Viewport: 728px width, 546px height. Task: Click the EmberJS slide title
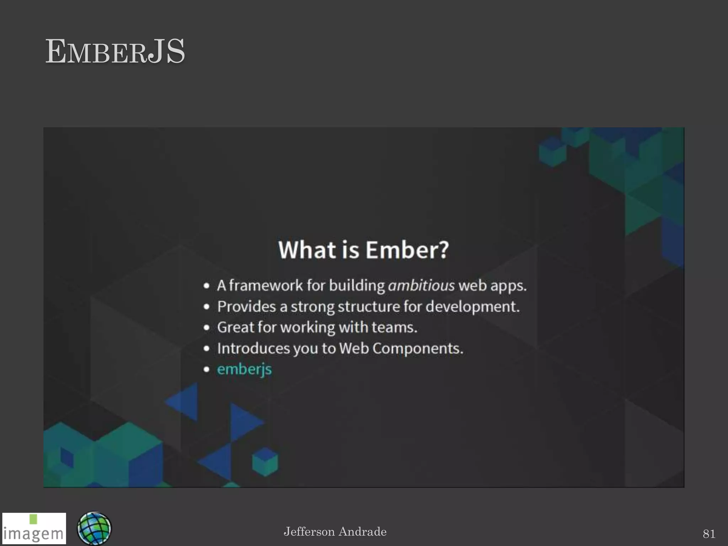point(115,52)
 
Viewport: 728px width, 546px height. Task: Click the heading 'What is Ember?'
point(363,250)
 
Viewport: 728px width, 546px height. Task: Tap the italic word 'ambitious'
point(421,285)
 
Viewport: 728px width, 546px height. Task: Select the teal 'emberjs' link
point(244,369)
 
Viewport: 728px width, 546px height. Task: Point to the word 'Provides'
point(246,306)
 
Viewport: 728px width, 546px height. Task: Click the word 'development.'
point(472,306)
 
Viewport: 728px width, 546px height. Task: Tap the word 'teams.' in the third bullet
point(394,327)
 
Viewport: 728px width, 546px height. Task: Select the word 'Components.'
point(418,348)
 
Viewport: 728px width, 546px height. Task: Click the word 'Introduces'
point(253,348)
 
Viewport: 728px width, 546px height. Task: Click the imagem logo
point(34,528)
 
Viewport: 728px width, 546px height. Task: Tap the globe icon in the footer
point(94,528)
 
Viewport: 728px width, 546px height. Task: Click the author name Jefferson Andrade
point(335,532)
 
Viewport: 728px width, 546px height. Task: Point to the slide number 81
point(709,534)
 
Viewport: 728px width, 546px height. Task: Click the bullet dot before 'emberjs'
point(207,369)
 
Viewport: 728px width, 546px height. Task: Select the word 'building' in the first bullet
point(357,285)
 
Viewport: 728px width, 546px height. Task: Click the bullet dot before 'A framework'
point(207,285)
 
